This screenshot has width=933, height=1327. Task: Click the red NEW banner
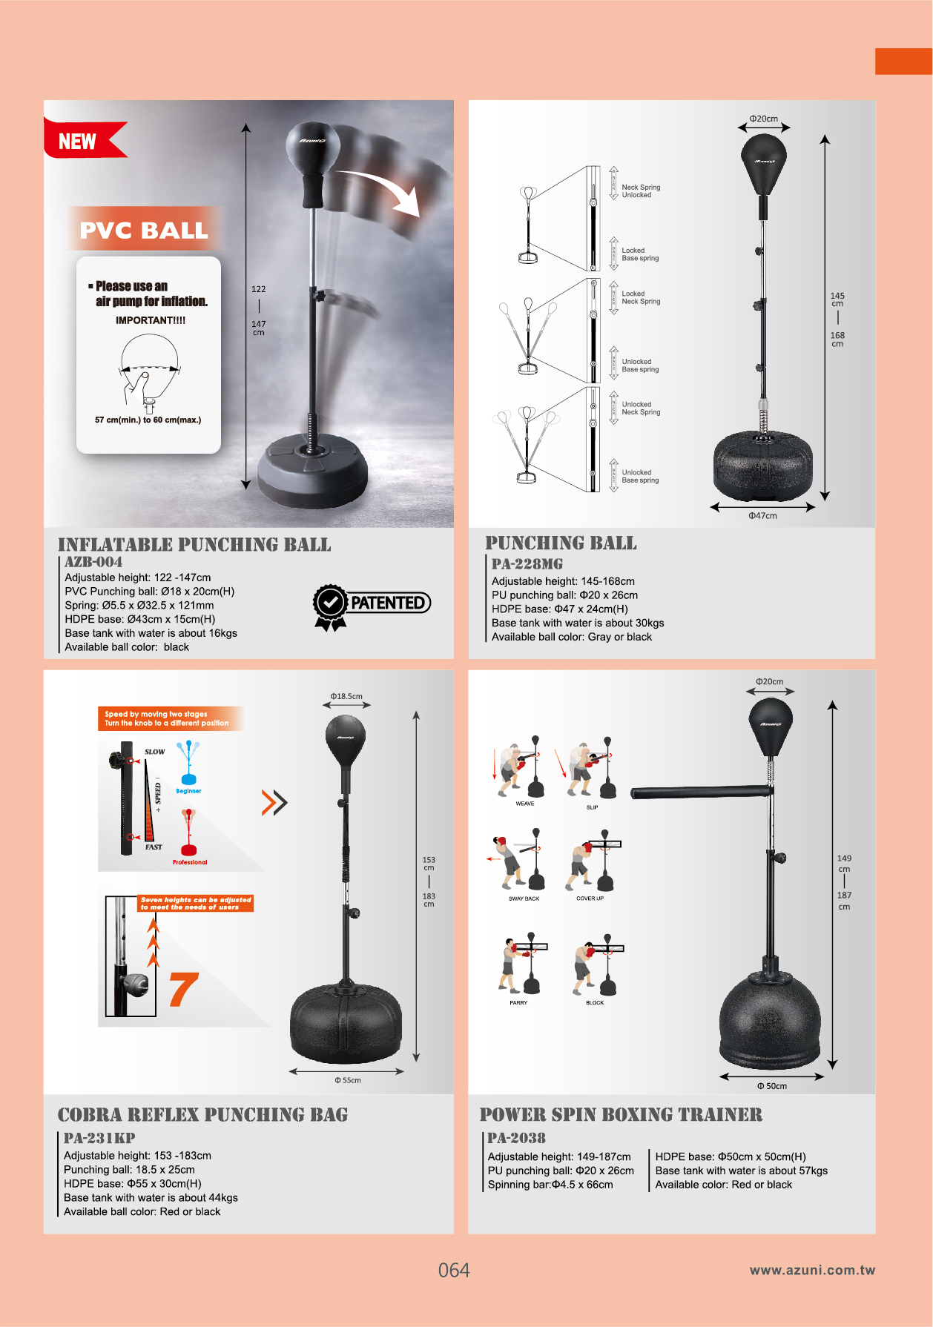(80, 141)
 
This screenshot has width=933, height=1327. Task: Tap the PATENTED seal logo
(372, 604)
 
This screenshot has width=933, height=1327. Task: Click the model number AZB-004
(93, 562)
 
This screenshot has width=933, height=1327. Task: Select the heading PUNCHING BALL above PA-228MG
(561, 543)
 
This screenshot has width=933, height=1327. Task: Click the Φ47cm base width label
(762, 516)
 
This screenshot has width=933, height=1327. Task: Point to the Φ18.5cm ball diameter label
(346, 697)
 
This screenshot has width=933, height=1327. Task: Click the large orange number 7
(183, 990)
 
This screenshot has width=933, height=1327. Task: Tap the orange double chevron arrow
(274, 802)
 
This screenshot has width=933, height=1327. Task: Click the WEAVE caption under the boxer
(525, 804)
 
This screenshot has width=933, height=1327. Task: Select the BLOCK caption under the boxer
(595, 1003)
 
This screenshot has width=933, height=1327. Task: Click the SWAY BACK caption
(524, 899)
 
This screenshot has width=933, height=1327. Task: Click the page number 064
(454, 1271)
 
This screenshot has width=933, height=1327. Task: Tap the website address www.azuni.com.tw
(812, 1270)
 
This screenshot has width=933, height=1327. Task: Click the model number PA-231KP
(99, 1138)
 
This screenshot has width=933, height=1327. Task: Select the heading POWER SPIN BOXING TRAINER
(621, 1115)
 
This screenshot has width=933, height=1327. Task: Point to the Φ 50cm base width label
(772, 1086)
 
